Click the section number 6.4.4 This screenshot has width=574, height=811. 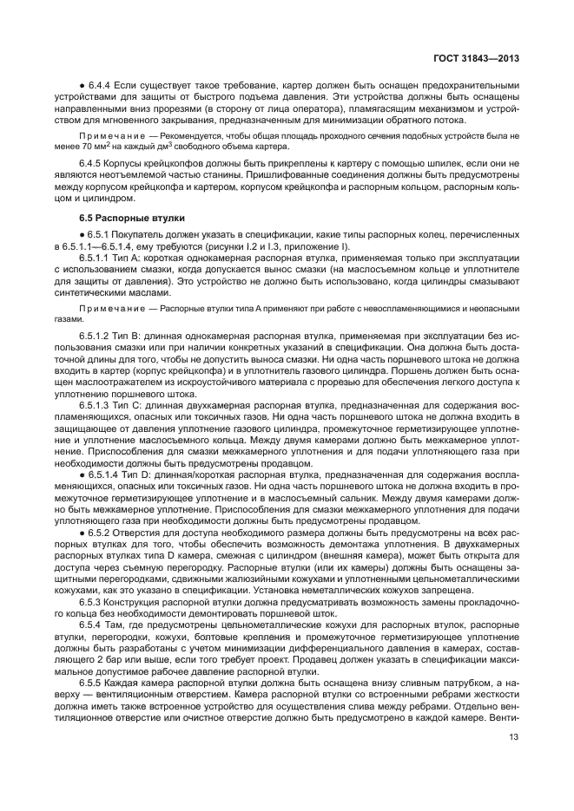(x=100, y=87)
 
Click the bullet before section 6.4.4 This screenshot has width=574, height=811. (x=82, y=87)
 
